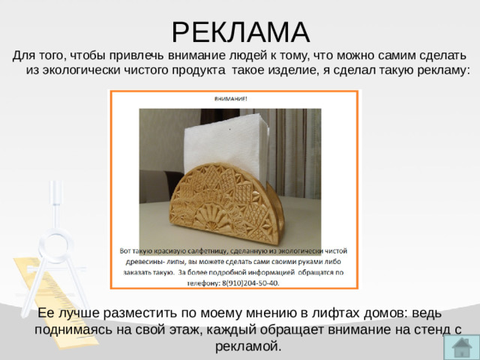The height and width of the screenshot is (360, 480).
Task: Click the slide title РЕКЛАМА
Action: pos(240,31)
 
